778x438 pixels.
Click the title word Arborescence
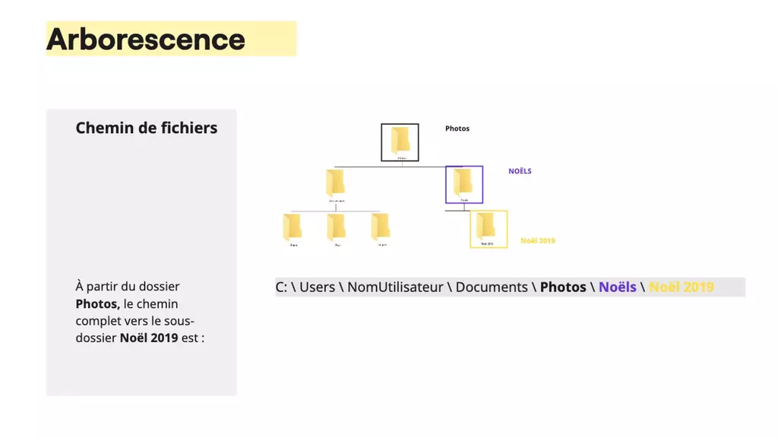click(146, 40)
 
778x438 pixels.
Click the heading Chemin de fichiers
click(147, 128)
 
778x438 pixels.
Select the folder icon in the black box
click(400, 141)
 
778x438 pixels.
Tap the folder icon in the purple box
click(463, 182)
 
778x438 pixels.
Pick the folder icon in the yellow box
click(487, 226)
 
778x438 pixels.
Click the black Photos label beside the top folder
click(457, 129)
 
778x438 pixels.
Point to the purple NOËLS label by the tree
click(520, 171)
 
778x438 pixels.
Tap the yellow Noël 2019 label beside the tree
click(538, 240)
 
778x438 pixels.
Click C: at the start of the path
click(281, 287)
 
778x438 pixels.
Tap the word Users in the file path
click(318, 287)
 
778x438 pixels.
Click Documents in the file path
click(492, 287)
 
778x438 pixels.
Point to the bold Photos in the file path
click(563, 287)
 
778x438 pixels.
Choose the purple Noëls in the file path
click(618, 287)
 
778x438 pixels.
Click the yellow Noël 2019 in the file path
click(682, 287)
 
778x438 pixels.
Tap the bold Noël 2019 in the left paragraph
click(149, 338)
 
